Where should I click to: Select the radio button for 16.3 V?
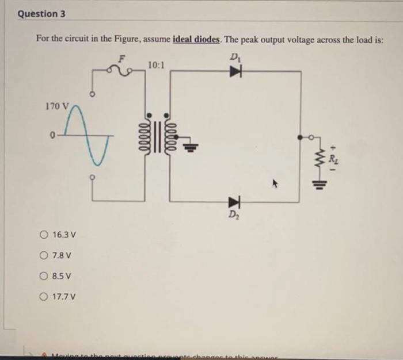point(44,235)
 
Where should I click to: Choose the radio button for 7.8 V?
point(44,255)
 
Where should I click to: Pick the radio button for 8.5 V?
point(44,276)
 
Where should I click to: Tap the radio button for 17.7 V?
point(44,297)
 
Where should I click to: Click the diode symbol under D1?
point(234,71)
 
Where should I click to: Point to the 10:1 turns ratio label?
point(155,64)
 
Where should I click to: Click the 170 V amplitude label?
point(56,106)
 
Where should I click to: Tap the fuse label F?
point(121,58)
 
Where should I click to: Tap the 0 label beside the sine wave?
point(52,136)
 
